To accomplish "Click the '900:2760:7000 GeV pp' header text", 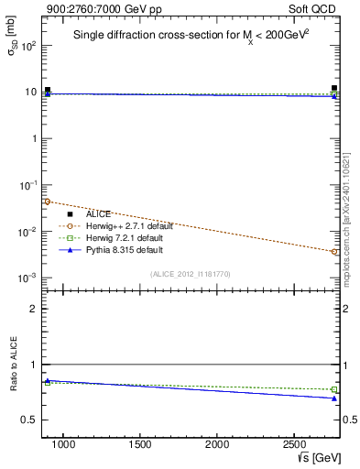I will click(x=95, y=7).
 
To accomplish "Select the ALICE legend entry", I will click(x=99, y=213).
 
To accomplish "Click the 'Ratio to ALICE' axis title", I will click(x=14, y=365).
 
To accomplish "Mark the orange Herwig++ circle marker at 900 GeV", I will click(x=48, y=202).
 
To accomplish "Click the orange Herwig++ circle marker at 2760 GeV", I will click(x=334, y=251).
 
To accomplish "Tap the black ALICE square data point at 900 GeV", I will click(x=48, y=90).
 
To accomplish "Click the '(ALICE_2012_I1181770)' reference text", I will click(x=191, y=273).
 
